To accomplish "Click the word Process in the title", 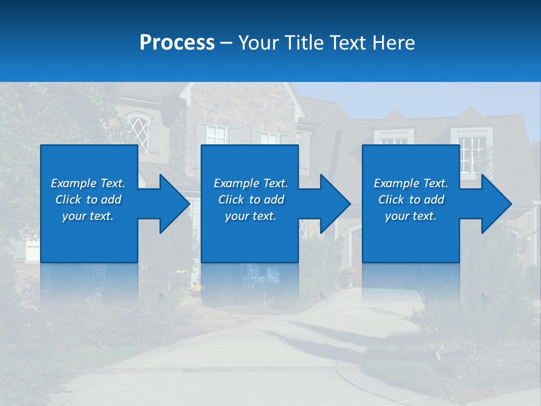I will coord(177,43).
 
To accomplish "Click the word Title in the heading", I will coord(304,43).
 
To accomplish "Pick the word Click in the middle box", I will coord(231,200).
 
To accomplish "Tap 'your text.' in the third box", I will coord(410,216).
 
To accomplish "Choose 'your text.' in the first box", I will coord(88,216).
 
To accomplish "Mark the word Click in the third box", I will coord(391,200).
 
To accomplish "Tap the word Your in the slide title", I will coord(258,43).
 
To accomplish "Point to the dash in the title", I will coord(227,43).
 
